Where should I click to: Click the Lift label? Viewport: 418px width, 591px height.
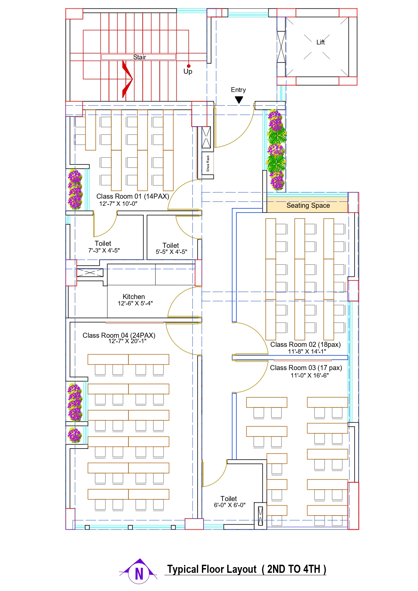(x=320, y=42)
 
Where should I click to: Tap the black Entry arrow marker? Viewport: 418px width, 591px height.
(x=239, y=100)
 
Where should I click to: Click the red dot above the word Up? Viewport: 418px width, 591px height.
(x=188, y=66)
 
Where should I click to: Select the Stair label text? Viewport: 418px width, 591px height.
(x=139, y=57)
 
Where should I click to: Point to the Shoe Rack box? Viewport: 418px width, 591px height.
(x=208, y=163)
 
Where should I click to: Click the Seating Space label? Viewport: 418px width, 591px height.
(x=308, y=205)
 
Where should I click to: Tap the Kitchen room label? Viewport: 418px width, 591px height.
(x=133, y=297)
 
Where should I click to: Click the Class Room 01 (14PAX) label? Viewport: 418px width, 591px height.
(x=132, y=196)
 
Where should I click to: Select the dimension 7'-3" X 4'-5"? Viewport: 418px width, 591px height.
(x=104, y=251)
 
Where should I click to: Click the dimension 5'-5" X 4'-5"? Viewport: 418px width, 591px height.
(x=171, y=252)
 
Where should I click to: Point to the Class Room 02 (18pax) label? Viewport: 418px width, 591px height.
(x=305, y=344)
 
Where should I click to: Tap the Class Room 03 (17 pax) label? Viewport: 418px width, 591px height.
(x=306, y=368)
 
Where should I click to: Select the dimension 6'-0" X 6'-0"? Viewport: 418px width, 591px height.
(x=230, y=505)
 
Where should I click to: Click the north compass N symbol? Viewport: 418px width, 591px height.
(x=139, y=573)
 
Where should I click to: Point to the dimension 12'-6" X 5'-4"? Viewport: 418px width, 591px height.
(x=135, y=303)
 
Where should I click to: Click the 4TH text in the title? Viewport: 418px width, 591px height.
(x=312, y=569)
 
